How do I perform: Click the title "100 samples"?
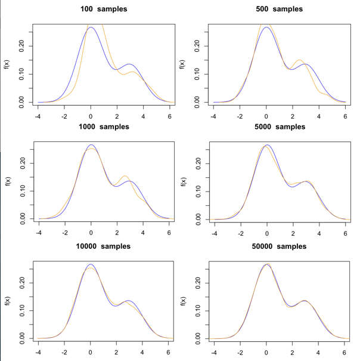(104, 9)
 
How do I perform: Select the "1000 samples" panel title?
(104, 126)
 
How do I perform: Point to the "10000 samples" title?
(104, 246)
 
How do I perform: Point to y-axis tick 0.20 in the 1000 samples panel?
(21, 162)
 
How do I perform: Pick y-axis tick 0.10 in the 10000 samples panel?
(21, 310)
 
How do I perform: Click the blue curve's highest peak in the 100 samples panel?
(91, 27)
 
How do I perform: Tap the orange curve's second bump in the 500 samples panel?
(299, 60)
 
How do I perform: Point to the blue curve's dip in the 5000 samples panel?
(293, 187)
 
